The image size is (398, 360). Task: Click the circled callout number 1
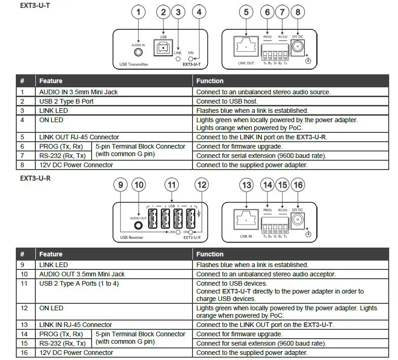tap(138, 13)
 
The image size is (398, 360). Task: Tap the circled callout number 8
tap(298, 13)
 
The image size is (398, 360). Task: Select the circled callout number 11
tap(172, 185)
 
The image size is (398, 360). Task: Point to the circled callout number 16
tap(298, 185)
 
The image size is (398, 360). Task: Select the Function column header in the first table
tap(210, 81)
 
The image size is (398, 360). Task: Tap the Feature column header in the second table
tap(51, 254)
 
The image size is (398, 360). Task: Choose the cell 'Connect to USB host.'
tap(226, 101)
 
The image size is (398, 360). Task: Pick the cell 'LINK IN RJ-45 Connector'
tap(75, 325)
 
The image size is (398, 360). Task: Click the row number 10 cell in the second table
tap(25, 274)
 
